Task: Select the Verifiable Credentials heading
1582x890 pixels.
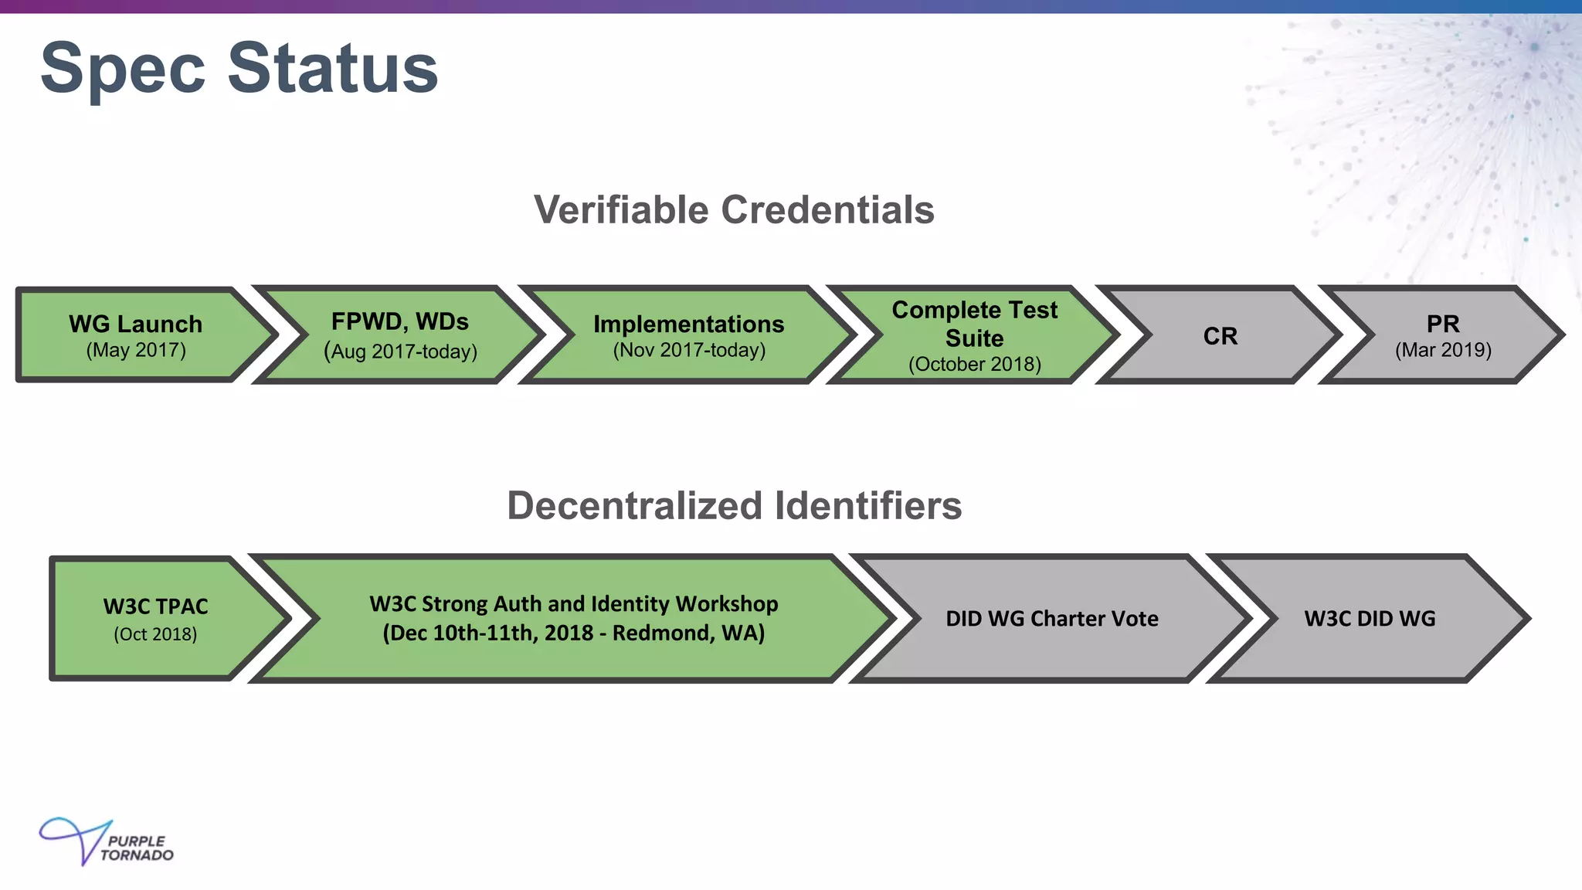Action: click(734, 210)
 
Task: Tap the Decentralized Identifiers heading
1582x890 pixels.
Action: click(734, 506)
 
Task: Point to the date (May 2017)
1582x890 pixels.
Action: click(136, 350)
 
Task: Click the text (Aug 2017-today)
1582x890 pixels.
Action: click(400, 352)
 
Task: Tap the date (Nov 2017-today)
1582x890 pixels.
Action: click(689, 350)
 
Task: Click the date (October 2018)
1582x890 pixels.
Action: click(975, 364)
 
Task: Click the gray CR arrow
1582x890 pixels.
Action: click(1220, 336)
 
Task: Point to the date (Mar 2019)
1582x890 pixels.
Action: click(1443, 350)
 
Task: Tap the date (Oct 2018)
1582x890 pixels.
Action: click(155, 634)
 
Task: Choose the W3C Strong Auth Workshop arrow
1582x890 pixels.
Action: click(573, 618)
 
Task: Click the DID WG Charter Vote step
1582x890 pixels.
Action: click(1052, 618)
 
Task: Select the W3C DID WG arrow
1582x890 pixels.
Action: click(1370, 618)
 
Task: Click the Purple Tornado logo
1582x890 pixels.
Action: click(107, 842)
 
